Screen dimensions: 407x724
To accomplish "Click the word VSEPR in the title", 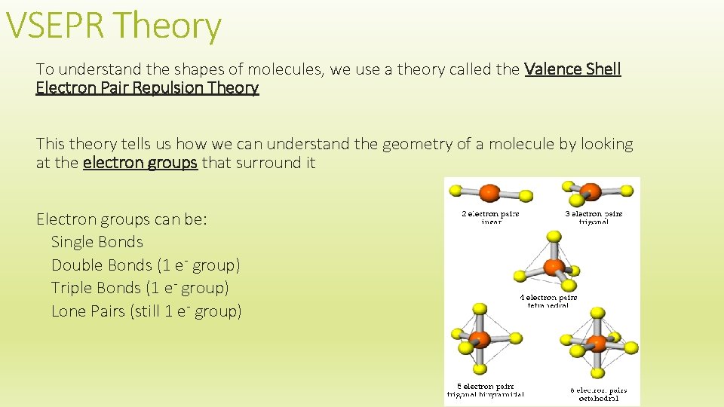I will click(x=58, y=26).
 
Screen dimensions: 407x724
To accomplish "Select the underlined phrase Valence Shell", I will click(x=572, y=69).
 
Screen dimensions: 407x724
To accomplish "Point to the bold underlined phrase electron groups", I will click(x=140, y=162).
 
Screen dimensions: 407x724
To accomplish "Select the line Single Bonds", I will click(x=97, y=242).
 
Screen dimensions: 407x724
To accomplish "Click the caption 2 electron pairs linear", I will click(x=491, y=218).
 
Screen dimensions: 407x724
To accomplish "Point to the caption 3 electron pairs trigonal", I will click(x=594, y=218).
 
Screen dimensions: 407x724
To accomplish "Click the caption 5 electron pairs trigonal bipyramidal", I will click(x=485, y=390).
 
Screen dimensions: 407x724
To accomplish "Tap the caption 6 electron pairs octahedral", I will click(x=598, y=393).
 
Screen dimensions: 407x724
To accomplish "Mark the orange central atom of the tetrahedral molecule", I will click(x=554, y=267).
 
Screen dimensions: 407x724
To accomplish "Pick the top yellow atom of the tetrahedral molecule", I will click(x=554, y=237).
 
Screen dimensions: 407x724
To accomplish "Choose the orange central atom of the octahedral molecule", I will click(x=597, y=343).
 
